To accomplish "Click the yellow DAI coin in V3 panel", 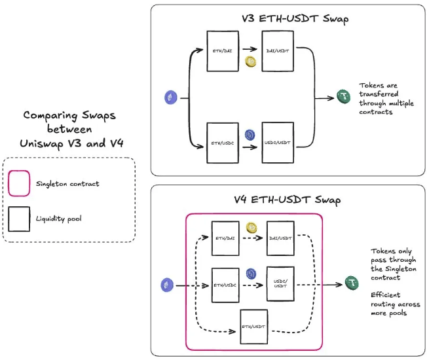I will (250, 62).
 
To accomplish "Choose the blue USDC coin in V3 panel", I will (250, 135).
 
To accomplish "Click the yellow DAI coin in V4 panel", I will (251, 227).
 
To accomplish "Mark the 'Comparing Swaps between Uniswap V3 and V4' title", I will (69, 129).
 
